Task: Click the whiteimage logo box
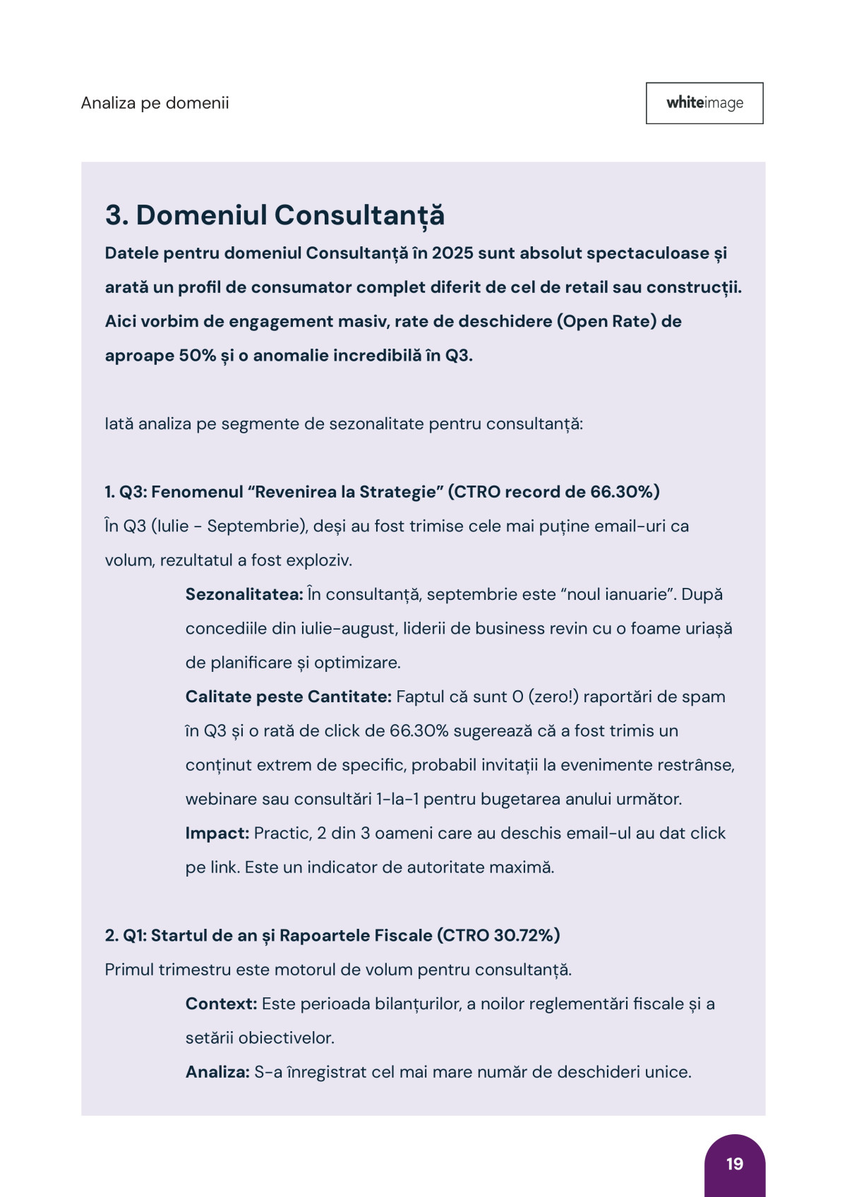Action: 704,103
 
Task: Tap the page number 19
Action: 735,1164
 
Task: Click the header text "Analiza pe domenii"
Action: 155,103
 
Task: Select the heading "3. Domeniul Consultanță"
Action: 275,215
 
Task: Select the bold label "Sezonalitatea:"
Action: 244,594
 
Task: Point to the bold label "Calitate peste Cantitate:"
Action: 288,697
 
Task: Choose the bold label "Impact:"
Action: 217,834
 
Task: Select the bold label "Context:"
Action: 221,1004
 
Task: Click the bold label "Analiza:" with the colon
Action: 217,1072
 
